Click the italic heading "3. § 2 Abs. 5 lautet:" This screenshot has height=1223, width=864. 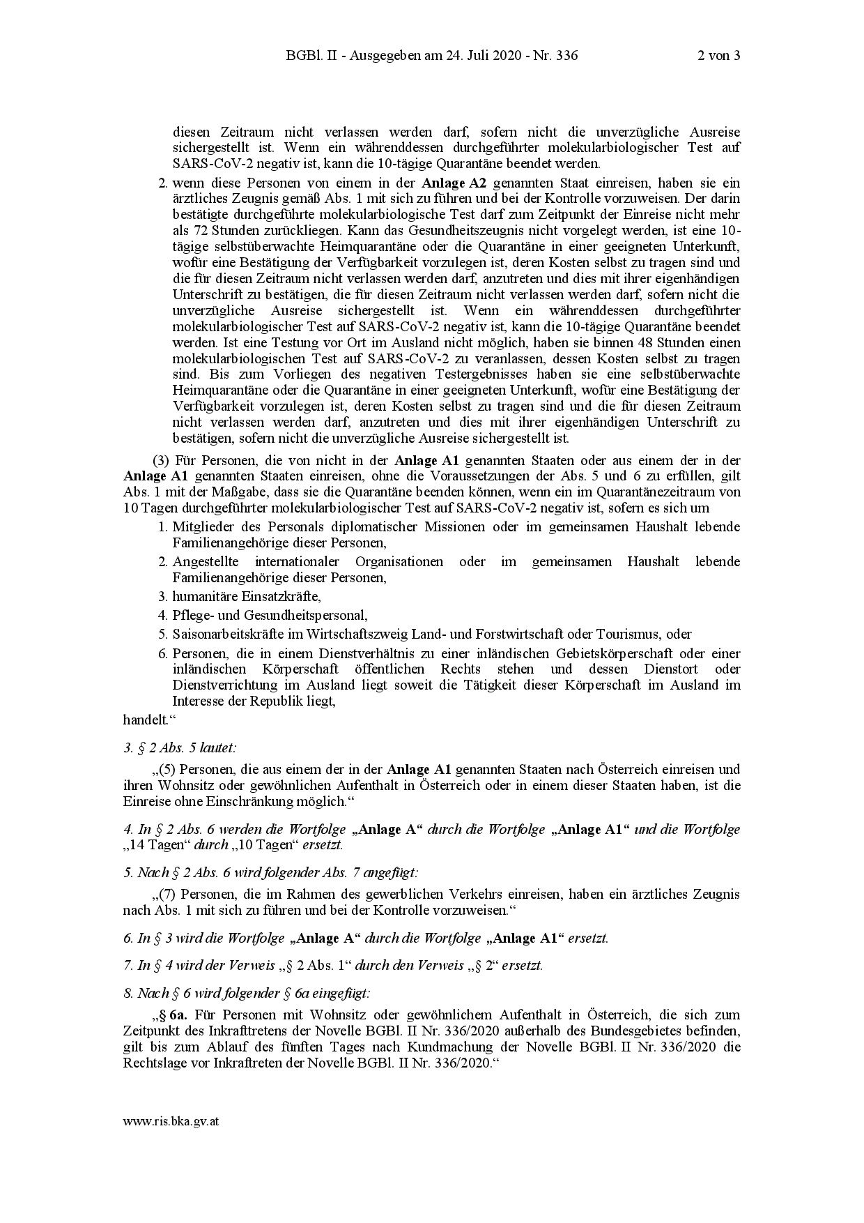coord(180,747)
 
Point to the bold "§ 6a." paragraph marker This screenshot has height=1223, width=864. coord(174,1015)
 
